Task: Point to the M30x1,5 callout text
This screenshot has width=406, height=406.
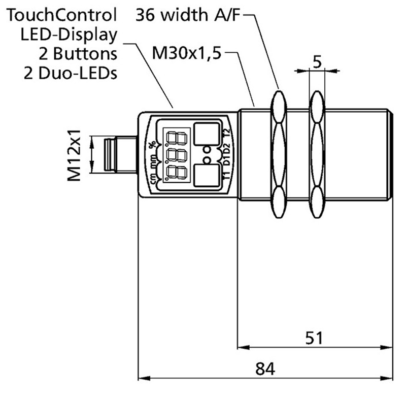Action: (x=186, y=52)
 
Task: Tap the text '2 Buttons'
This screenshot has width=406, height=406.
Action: (x=79, y=53)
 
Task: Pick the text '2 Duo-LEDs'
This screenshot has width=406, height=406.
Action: (x=71, y=73)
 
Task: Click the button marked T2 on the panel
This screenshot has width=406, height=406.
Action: (x=208, y=134)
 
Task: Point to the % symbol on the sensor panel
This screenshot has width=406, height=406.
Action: (x=151, y=144)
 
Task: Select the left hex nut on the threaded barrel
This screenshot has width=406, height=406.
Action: (x=279, y=155)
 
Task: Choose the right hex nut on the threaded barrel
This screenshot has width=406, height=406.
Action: (x=317, y=155)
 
